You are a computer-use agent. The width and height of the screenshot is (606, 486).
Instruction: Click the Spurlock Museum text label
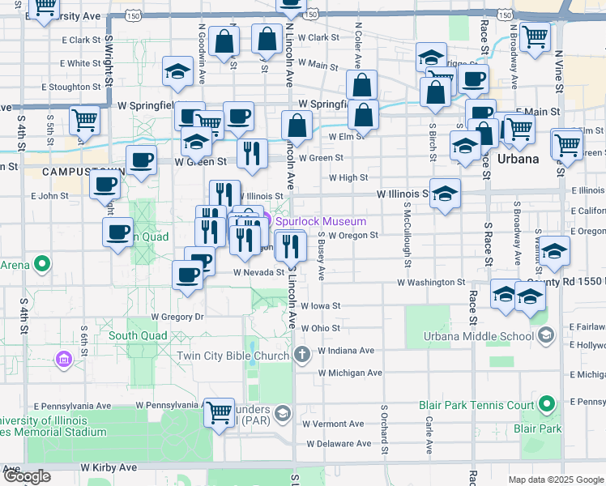(x=321, y=221)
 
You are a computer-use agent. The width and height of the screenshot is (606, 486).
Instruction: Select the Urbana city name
(x=519, y=159)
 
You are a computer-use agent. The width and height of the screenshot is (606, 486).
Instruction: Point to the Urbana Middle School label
(x=479, y=336)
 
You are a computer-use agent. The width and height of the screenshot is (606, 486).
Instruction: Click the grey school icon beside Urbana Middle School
(x=546, y=335)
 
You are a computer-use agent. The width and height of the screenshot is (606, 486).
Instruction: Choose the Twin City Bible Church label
(x=233, y=356)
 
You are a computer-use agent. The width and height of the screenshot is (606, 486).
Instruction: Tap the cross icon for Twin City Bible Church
(x=301, y=355)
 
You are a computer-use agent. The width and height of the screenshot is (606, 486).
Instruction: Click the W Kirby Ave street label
(x=109, y=467)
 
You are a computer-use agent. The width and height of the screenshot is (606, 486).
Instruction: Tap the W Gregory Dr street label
(x=177, y=316)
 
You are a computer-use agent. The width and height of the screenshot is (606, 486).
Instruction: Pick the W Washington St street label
(x=430, y=283)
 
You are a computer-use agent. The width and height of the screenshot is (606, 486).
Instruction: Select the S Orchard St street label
(x=383, y=426)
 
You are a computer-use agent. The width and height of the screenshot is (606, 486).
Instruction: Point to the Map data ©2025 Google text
(x=556, y=480)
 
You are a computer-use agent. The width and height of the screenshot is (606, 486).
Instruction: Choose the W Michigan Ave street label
(x=350, y=373)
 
